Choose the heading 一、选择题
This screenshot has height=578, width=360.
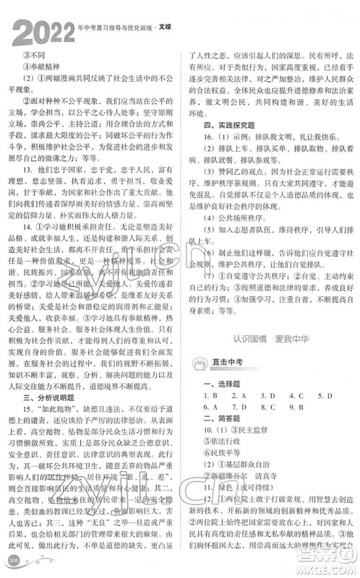208,385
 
